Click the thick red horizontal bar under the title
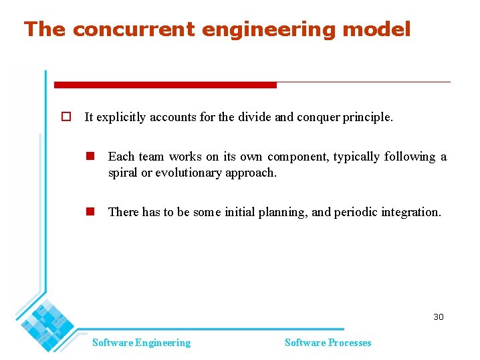[x=164, y=85]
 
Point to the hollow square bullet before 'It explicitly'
[x=66, y=116]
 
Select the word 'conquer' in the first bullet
[x=318, y=117]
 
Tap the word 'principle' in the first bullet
[x=368, y=117]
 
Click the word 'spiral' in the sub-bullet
[x=124, y=173]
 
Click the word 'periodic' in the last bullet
[x=356, y=212]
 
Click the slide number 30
[x=438, y=317]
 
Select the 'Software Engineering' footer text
[x=141, y=343]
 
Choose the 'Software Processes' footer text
[x=328, y=343]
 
